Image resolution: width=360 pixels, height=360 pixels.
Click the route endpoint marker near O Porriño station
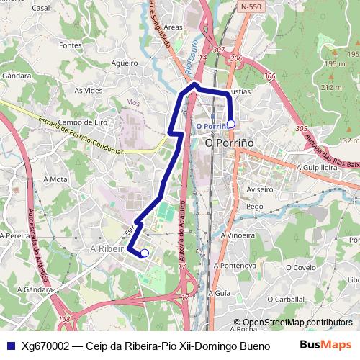click(230, 124)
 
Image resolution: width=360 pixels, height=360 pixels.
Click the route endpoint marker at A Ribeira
click(145, 253)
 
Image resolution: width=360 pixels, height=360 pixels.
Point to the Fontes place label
click(71, 45)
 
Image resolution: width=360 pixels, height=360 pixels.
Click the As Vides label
click(89, 91)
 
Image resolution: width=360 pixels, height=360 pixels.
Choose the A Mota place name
click(55, 179)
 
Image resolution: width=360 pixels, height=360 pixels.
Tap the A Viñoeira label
click(238, 235)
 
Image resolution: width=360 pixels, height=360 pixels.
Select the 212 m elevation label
click(332, 87)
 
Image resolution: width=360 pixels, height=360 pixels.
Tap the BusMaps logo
click(326, 345)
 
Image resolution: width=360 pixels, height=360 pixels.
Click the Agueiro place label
click(125, 63)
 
